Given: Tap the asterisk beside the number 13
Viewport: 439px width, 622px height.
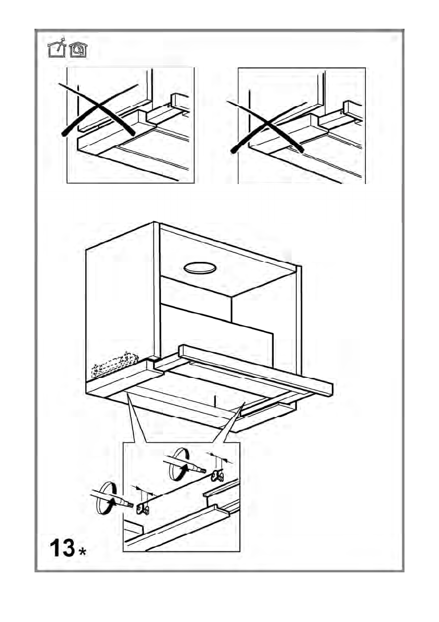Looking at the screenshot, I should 83,552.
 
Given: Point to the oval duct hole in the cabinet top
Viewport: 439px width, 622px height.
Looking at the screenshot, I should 200,269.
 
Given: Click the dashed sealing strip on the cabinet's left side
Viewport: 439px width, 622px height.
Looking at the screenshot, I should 114,365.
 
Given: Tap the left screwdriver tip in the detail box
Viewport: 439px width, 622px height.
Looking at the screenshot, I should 131,505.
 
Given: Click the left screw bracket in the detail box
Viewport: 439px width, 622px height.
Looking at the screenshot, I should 142,509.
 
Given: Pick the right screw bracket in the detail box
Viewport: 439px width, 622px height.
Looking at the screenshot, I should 217,475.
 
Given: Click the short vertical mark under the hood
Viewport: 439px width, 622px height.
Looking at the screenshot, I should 214,401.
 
